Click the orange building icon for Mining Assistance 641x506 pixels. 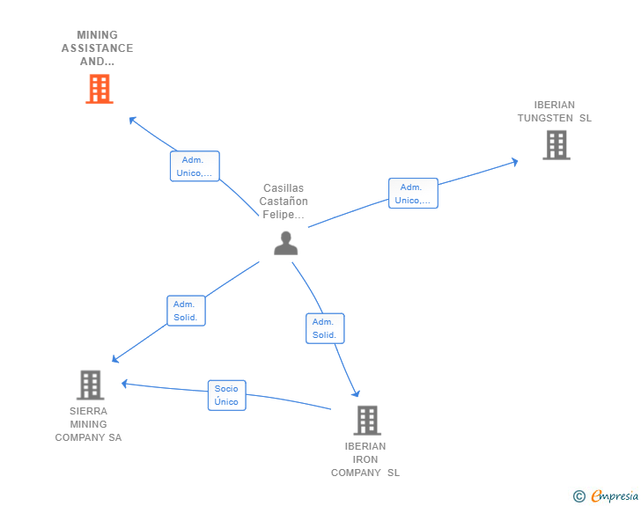(99, 89)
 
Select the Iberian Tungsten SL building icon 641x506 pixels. (556, 145)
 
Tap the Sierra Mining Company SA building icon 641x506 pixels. (90, 385)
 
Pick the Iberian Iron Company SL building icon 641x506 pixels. (367, 421)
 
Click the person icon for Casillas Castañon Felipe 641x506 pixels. (285, 243)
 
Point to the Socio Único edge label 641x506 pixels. (226, 395)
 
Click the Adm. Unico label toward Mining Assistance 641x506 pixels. (194, 166)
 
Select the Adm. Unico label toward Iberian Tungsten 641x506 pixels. (413, 194)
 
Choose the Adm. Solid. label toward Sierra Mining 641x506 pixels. (186, 311)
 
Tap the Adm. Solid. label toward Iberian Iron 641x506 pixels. (325, 328)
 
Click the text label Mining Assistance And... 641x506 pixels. (98, 48)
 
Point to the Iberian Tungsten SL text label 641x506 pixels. (555, 112)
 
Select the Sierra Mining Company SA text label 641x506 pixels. (89, 424)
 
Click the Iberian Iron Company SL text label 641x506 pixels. (365, 459)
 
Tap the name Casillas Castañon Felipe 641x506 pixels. (284, 202)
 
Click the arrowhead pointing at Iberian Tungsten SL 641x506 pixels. (514, 161)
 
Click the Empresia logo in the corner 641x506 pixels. (615, 496)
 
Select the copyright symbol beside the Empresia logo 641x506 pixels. (578, 497)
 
